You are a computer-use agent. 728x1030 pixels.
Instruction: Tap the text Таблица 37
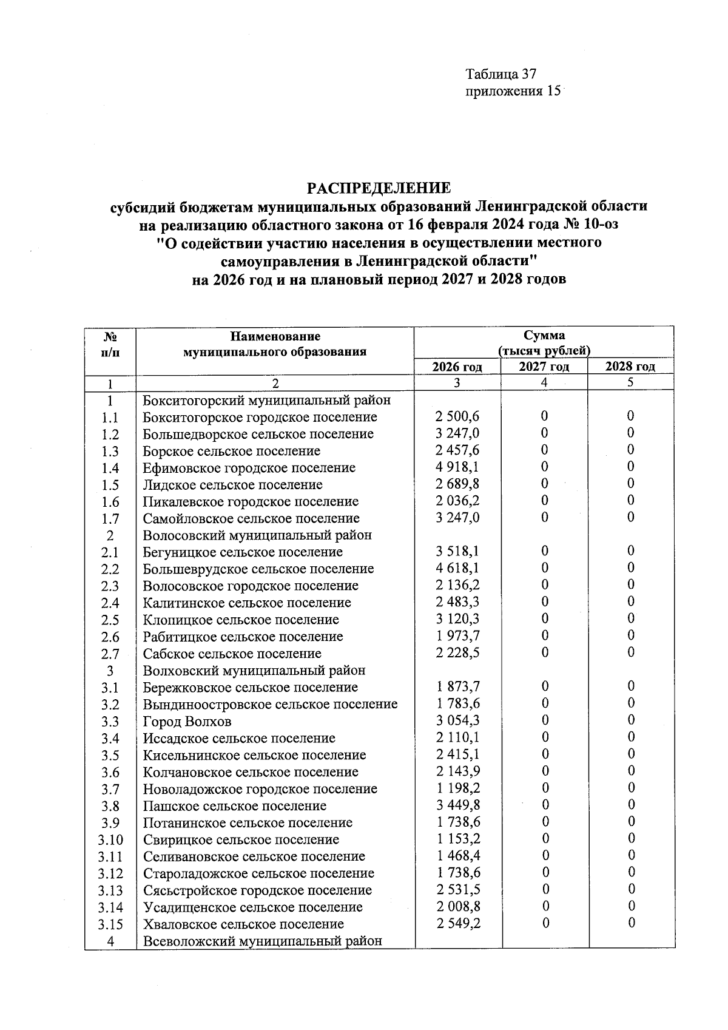coord(501,74)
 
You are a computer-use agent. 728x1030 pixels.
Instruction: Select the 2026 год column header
coord(457,367)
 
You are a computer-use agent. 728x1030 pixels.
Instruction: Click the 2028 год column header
coord(631,367)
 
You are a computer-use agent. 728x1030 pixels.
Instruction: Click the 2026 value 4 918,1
coord(457,467)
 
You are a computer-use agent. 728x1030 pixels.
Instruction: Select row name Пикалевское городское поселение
coord(251,501)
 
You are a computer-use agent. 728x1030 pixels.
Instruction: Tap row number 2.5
coord(110,620)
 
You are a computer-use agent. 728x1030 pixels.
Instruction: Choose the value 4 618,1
coord(457,569)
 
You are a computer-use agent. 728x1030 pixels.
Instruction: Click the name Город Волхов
coord(187,722)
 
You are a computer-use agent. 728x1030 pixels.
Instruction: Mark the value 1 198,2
coord(457,788)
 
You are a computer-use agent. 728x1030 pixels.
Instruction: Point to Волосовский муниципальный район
coord(257,535)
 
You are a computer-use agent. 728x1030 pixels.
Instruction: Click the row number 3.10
coord(110,840)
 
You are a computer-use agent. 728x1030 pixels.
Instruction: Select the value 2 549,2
coord(457,923)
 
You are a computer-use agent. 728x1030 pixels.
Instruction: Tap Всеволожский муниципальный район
coord(263,941)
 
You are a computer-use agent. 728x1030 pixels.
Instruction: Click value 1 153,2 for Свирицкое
coord(457,839)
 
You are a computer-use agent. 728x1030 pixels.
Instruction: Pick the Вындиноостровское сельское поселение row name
coord(270,705)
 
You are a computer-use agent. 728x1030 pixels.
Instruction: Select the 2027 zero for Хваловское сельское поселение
coord(545,923)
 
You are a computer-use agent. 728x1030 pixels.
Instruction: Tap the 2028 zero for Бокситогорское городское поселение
coord(631,416)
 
